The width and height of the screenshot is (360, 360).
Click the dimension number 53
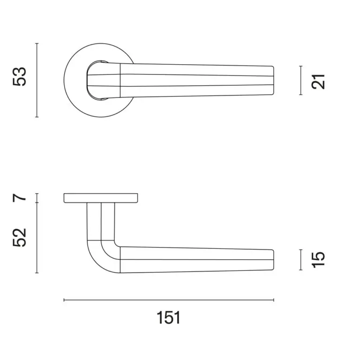pos(20,77)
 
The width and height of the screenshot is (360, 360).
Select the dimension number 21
pos(318,82)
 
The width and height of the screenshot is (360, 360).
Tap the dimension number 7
pos(20,198)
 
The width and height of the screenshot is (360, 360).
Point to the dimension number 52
pos(20,238)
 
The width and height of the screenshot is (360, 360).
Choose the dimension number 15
pos(318,260)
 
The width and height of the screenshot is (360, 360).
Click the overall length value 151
pos(169,318)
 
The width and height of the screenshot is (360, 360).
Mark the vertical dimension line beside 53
pos(37,80)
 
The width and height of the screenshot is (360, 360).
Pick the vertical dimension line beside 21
pos(301,80)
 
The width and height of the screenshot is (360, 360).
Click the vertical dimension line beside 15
pos(301,260)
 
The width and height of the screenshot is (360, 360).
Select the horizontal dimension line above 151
pos(169,300)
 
